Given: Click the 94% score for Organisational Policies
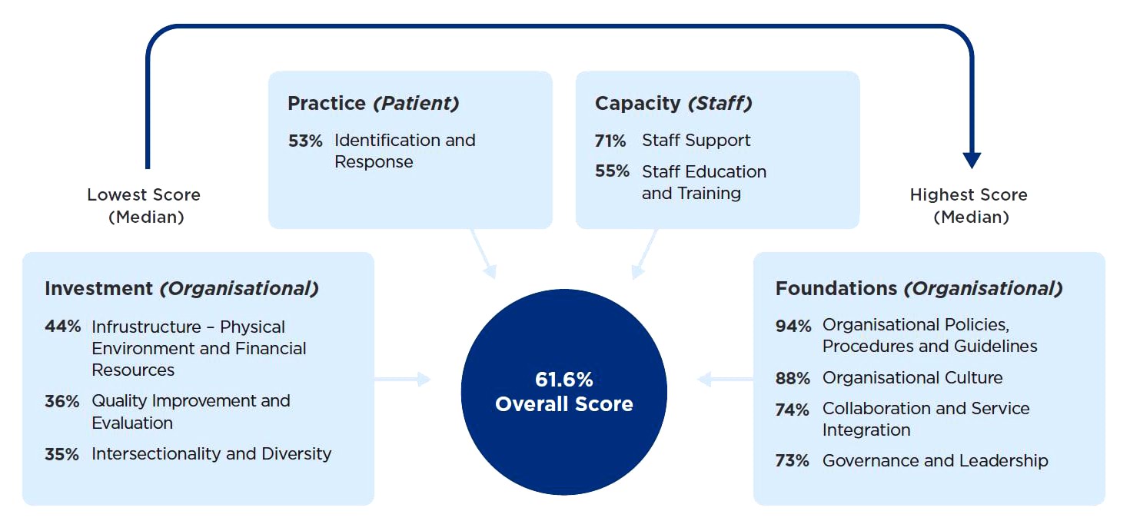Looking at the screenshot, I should [793, 326].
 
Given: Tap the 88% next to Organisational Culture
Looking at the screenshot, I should [793, 378].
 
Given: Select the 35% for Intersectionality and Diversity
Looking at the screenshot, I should [62, 454].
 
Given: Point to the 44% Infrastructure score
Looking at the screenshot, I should [62, 327].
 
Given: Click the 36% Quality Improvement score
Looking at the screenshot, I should [62, 401].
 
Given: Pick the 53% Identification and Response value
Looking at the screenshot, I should [305, 141].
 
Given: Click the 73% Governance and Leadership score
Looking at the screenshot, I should [793, 461].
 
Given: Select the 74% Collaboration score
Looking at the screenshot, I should [793, 410].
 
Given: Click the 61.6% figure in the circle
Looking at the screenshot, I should [564, 380].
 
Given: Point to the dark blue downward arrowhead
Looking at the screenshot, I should [972, 160].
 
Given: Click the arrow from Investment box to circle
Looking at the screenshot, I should [403, 379].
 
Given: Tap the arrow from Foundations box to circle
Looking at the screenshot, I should [724, 379].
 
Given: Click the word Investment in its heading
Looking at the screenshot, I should [98, 289].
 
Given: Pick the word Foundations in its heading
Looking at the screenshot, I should [836, 289].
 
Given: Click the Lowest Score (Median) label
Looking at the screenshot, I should [144, 206].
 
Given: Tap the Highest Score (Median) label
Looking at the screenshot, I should [969, 206].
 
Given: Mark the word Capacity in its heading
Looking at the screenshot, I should [638, 104].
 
